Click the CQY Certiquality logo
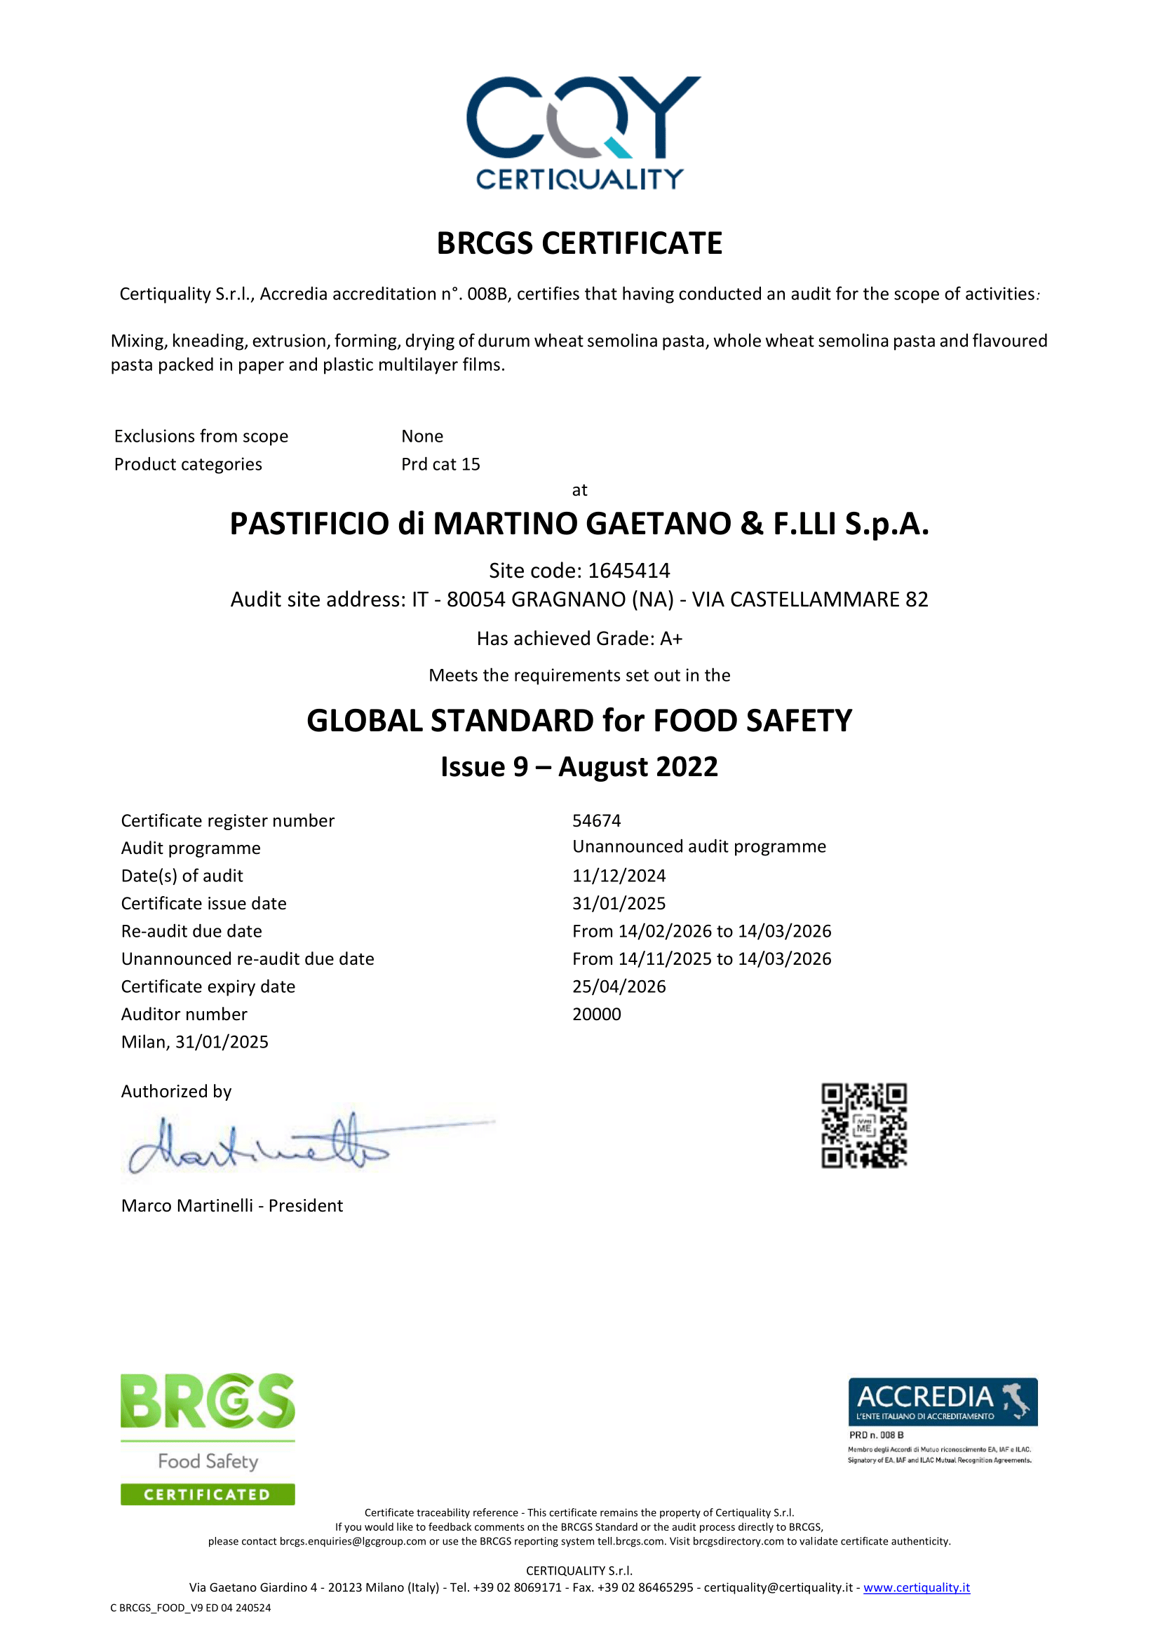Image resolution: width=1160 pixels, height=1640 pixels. click(x=580, y=132)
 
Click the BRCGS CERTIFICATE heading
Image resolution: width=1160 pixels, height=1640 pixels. click(x=579, y=243)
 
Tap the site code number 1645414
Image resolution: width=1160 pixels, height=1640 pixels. click(x=629, y=571)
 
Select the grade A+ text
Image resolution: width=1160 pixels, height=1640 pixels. click(x=670, y=639)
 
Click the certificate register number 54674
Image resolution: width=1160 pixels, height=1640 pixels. click(x=596, y=821)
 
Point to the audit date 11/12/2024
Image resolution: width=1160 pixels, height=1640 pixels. click(x=619, y=876)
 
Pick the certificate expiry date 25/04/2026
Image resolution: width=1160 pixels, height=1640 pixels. click(x=619, y=987)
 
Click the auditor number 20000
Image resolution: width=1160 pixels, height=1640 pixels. click(x=596, y=1015)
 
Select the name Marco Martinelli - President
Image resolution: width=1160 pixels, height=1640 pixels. click(x=232, y=1206)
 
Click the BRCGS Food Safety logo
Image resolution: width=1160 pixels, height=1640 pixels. click(x=208, y=1439)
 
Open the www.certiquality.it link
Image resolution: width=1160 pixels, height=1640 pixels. click(x=917, y=1587)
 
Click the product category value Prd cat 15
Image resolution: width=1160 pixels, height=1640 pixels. click(x=440, y=464)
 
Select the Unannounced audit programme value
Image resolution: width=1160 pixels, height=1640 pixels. click(x=699, y=847)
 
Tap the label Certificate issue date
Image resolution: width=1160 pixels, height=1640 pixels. click(x=203, y=904)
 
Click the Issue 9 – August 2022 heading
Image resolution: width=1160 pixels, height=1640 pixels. click(x=579, y=767)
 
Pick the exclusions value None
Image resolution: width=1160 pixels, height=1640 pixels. click(x=422, y=436)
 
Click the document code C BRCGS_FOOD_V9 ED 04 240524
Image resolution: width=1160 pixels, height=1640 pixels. click(x=191, y=1608)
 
